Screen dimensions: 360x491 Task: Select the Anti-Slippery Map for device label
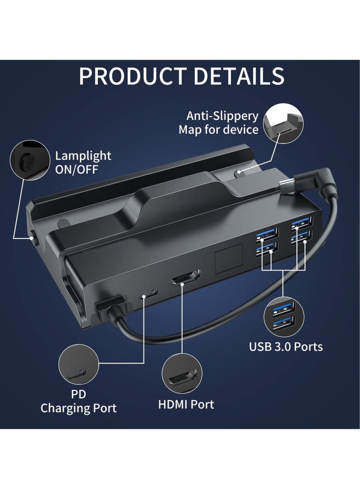[219, 123]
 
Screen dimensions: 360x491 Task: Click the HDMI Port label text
[186, 404]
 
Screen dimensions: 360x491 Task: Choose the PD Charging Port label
[78, 401]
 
